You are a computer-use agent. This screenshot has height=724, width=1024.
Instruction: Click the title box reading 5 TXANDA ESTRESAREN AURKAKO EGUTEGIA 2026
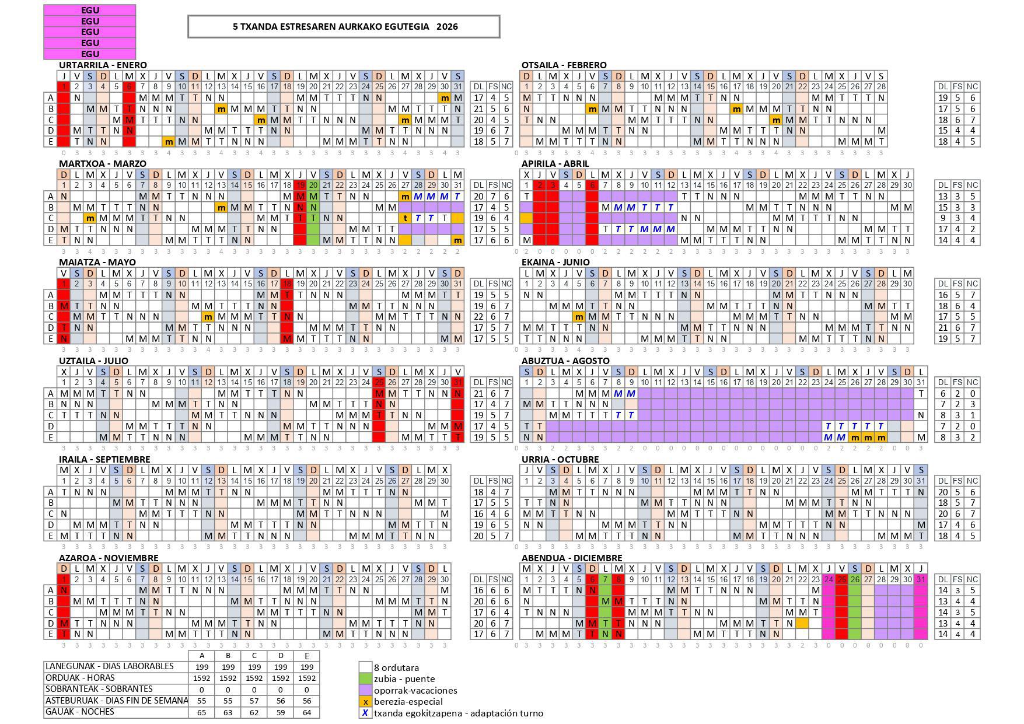click(x=344, y=26)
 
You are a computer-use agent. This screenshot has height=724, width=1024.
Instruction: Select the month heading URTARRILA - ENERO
click(x=103, y=65)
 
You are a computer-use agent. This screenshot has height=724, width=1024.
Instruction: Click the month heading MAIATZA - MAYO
click(x=97, y=262)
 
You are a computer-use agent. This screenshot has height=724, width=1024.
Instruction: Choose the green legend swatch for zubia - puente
click(x=365, y=679)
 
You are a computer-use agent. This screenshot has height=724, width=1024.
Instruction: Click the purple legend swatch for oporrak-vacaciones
click(x=365, y=690)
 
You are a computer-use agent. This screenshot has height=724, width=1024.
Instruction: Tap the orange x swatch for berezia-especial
click(x=365, y=702)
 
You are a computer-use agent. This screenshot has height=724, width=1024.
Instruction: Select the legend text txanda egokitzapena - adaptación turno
click(x=458, y=713)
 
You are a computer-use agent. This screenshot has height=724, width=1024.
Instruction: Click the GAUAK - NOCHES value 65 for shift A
click(x=202, y=712)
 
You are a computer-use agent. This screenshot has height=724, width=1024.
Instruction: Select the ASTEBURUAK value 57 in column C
click(x=254, y=701)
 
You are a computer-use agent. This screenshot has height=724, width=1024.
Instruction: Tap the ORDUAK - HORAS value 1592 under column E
click(x=307, y=678)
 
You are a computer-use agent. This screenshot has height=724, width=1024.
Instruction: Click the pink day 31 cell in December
click(x=921, y=579)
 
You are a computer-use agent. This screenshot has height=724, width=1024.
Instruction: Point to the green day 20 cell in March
click(x=313, y=185)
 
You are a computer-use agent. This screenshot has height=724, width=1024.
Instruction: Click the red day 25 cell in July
click(x=379, y=382)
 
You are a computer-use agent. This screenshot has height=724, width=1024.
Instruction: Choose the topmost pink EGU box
click(x=90, y=10)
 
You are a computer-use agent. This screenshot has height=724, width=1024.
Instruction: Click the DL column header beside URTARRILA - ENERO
click(x=478, y=86)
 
